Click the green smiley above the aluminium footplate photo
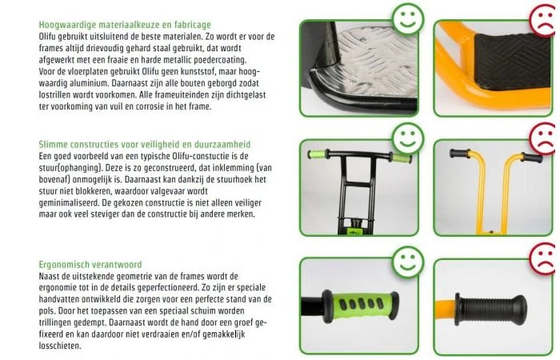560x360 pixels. coord(408,18)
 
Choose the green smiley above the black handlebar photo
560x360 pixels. coord(408,136)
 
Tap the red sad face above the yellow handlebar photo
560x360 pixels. coord(542,136)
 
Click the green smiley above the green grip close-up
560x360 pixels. coord(409,261)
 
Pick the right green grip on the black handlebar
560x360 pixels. coord(399,157)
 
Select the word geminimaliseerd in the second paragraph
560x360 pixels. coord(78,203)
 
